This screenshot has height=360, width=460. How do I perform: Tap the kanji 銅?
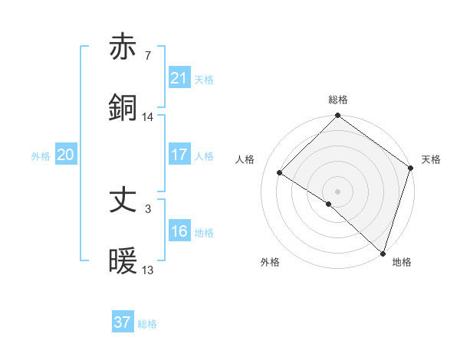click(x=123, y=107)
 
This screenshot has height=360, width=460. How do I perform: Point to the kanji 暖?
click(x=123, y=261)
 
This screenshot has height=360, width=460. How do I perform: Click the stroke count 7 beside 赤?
click(x=147, y=57)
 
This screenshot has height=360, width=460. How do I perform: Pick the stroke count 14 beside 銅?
click(x=148, y=116)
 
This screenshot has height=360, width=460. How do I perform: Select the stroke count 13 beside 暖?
click(x=148, y=270)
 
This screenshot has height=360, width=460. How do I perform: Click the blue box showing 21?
click(x=179, y=78)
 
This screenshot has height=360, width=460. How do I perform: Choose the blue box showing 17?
click(x=179, y=155)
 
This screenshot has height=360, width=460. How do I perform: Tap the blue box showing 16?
click(x=179, y=231)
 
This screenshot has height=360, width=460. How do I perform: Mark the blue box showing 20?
click(x=65, y=155)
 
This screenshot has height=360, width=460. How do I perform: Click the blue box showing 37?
click(x=122, y=322)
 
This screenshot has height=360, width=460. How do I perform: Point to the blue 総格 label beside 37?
click(x=147, y=324)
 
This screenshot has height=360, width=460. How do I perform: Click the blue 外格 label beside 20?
click(x=41, y=155)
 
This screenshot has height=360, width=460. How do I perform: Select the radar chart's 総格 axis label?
click(x=338, y=100)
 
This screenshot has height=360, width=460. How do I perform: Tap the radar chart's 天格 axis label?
click(x=431, y=159)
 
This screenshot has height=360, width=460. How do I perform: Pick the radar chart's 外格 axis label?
click(x=270, y=262)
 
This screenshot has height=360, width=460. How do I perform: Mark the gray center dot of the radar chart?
click(x=338, y=191)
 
